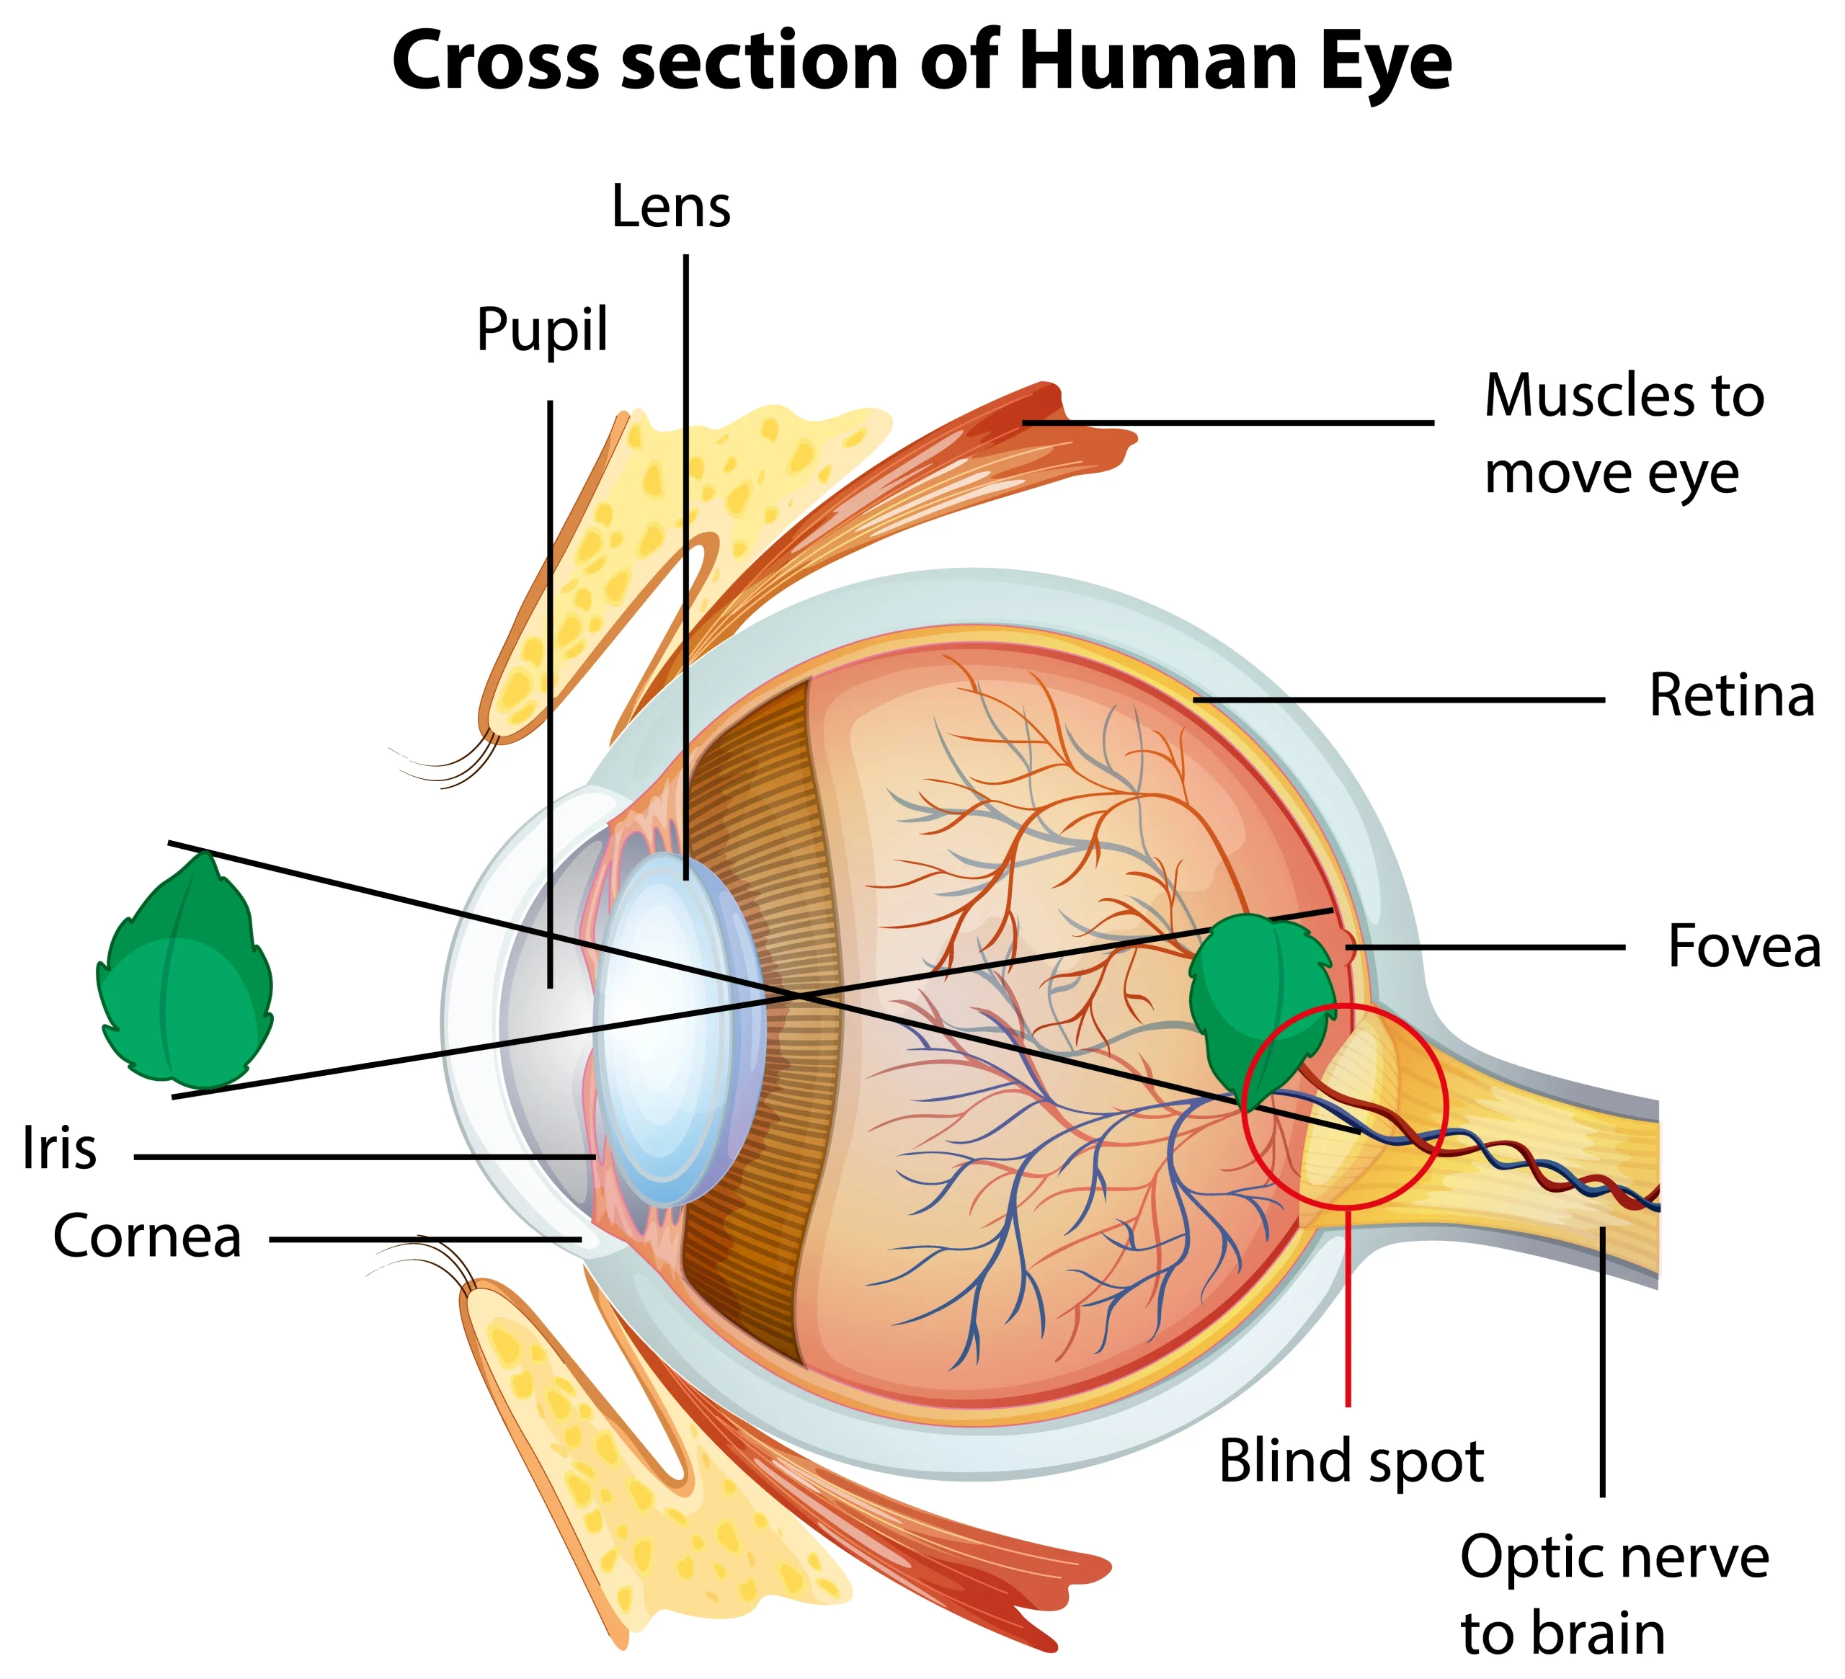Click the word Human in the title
pos(1157,62)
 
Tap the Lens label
pos(671,207)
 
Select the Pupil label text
pos(542,329)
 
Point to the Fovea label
pos(1743,946)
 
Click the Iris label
pos(60,1149)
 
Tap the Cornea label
pos(147,1237)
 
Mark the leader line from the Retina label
pos(1400,700)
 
